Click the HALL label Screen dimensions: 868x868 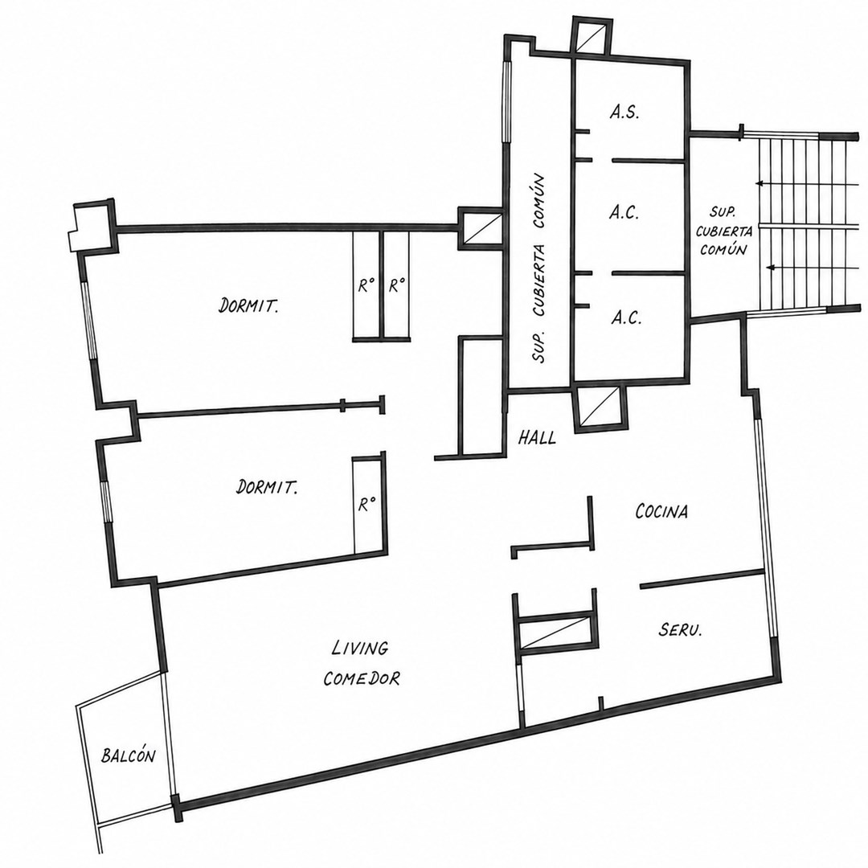(x=537, y=439)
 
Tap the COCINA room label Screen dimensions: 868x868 (x=661, y=511)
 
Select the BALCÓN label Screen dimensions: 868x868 (x=128, y=755)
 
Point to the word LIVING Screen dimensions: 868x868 (x=360, y=648)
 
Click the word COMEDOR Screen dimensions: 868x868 (x=362, y=678)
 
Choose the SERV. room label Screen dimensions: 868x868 (x=681, y=629)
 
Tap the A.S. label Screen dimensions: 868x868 (x=625, y=113)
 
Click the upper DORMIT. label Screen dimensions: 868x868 (x=248, y=305)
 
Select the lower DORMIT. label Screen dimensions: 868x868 (x=267, y=487)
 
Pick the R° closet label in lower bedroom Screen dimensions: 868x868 (x=367, y=505)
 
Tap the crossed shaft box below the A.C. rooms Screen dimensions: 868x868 (x=600, y=407)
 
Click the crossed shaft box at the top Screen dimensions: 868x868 (x=592, y=37)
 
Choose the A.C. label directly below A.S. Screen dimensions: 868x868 (x=624, y=213)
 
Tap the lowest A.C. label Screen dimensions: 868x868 (x=627, y=317)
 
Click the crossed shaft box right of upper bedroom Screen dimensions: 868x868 (x=480, y=228)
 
